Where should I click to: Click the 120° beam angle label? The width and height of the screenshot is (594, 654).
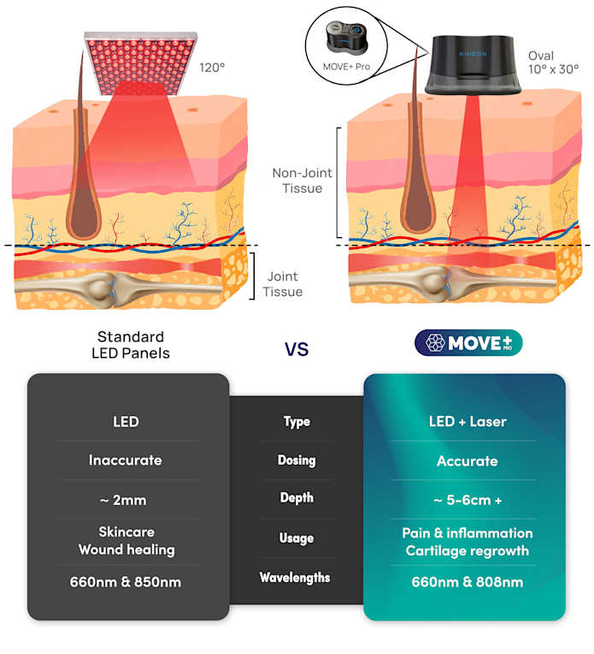coord(212,68)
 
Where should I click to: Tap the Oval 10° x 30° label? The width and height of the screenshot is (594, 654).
coord(553,62)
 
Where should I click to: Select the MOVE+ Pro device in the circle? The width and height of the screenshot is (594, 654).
coord(346,38)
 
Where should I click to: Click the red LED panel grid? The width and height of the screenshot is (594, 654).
coord(141,62)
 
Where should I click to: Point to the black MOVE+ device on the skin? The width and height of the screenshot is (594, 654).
coord(473,65)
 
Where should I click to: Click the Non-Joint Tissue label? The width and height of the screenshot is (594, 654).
coord(302,181)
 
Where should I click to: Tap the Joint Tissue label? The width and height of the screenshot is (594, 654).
coord(282,284)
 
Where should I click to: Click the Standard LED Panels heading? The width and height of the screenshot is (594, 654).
coord(131,345)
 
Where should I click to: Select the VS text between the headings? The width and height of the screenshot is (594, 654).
coord(297,349)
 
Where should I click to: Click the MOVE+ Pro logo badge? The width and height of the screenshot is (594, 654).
coord(468,343)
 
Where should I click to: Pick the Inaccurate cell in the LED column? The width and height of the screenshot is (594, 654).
coord(126,460)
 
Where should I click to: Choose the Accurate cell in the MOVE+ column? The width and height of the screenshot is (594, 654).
coord(468,461)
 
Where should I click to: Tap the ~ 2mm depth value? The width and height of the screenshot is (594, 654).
coord(123,500)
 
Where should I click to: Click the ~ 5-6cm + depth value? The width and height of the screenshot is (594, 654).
coord(468,500)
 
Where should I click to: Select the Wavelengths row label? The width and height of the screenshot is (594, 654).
coord(295,577)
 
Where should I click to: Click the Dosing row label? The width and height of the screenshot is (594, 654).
coord(297,460)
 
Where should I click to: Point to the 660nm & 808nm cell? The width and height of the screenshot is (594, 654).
coord(468,582)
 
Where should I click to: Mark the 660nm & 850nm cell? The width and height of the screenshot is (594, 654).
coord(126,582)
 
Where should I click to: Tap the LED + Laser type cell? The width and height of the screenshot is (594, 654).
coord(468,422)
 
